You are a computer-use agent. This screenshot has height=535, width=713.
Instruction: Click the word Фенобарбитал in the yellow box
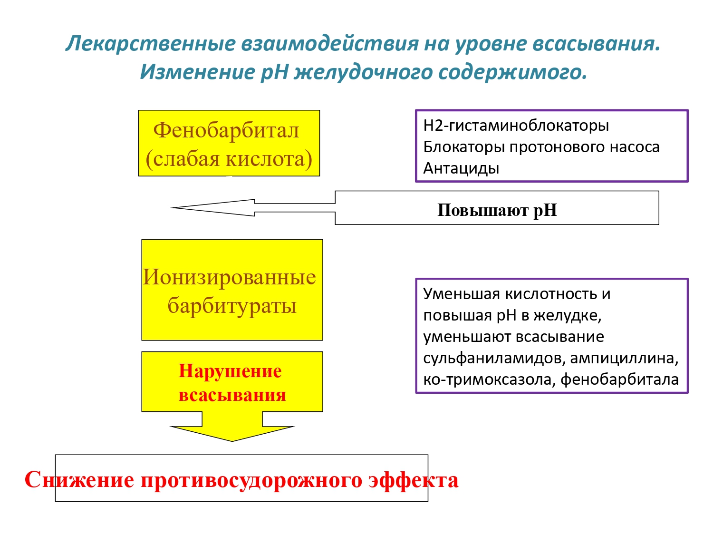pyautogui.click(x=226, y=131)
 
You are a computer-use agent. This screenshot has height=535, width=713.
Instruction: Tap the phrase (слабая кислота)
pyautogui.click(x=229, y=159)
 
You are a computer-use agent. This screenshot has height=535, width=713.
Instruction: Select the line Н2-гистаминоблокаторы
pyautogui.click(x=516, y=126)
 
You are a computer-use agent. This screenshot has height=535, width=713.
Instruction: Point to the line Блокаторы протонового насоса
pyautogui.click(x=541, y=147)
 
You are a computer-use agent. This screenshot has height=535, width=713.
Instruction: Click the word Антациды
pyautogui.click(x=461, y=168)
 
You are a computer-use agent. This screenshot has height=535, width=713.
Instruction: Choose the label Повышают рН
pyautogui.click(x=497, y=210)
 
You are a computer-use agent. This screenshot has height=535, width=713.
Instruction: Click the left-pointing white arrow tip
pyautogui.click(x=172, y=207)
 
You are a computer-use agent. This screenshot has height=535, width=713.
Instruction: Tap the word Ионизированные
pyautogui.click(x=229, y=277)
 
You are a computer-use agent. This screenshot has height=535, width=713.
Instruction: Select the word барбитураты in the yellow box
pyautogui.click(x=232, y=306)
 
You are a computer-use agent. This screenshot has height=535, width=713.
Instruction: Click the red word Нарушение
pyautogui.click(x=230, y=371)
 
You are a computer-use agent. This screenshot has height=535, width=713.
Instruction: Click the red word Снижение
pyautogui.click(x=79, y=480)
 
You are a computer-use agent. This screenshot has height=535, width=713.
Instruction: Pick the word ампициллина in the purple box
pyautogui.click(x=624, y=358)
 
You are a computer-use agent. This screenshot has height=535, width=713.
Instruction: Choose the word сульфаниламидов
pyautogui.click(x=493, y=358)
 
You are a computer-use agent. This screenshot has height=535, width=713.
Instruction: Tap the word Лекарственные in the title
pyautogui.click(x=150, y=44)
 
